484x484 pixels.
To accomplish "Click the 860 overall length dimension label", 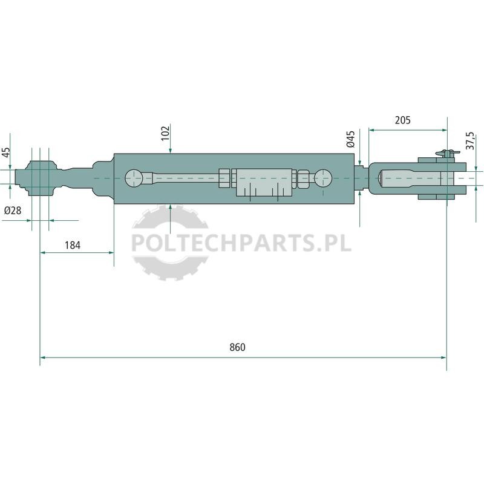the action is coord(237,347).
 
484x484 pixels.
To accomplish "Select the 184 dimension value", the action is coord(73,246).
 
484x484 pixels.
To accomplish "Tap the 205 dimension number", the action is coord(403,120).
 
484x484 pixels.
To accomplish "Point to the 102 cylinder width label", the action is coord(166,132).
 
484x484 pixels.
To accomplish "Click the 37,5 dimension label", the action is coord(470,141).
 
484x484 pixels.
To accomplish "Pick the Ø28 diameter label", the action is coord(13,211).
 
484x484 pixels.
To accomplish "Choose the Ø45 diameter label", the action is coord(351,139).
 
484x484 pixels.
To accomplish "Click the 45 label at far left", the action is coord(6,152).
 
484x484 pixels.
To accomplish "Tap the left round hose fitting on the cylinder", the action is coord(134,178).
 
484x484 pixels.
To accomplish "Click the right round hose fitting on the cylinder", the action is coord(323,178).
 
